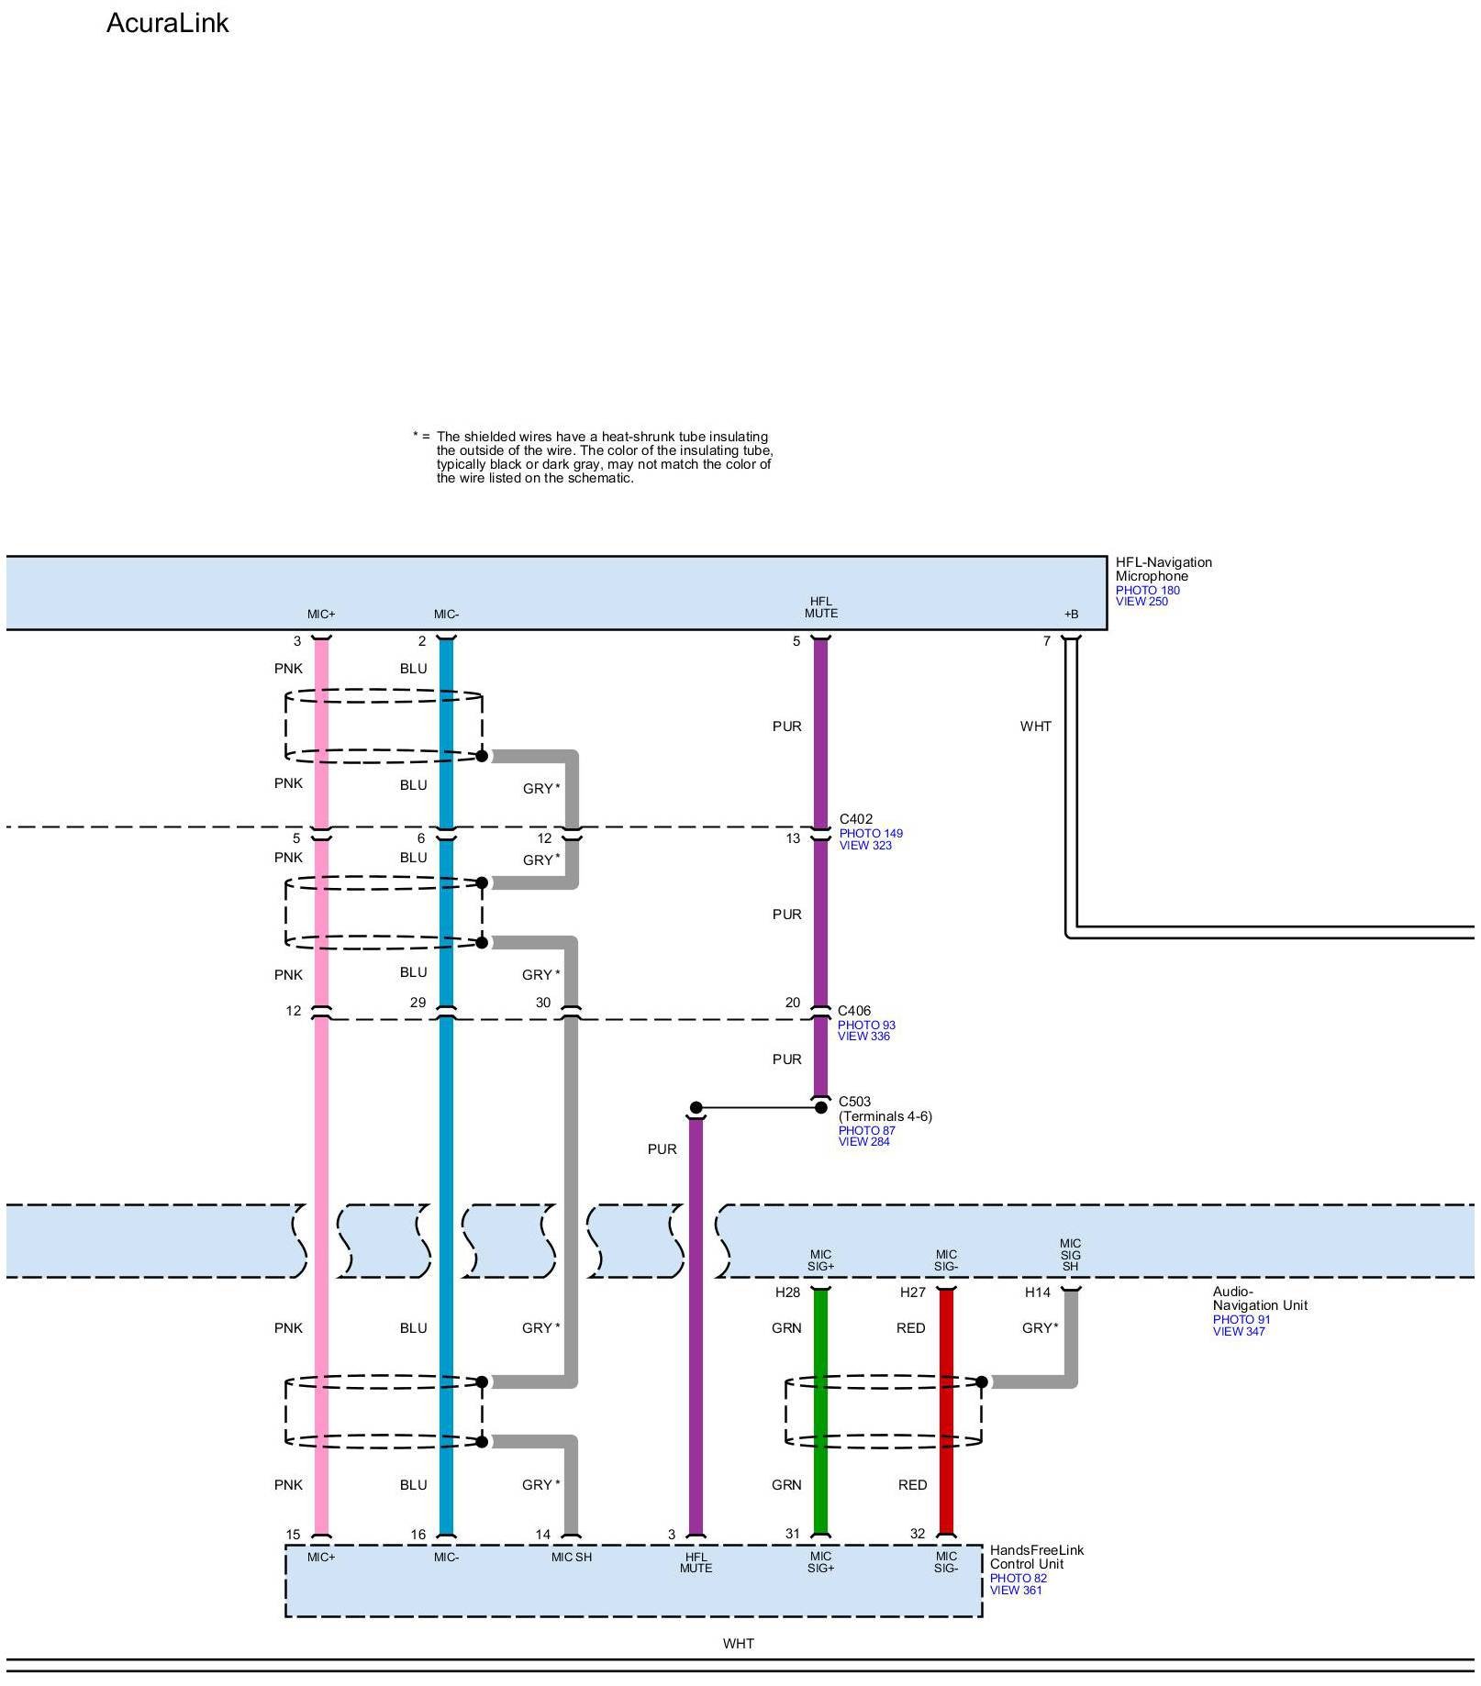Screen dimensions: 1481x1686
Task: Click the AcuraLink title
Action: pos(167,23)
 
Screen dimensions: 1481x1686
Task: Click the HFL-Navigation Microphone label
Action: pos(1164,570)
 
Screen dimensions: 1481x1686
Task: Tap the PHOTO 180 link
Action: pos(1148,591)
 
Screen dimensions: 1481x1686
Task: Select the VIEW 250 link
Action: pos(1141,602)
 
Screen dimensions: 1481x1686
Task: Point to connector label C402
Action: pos(856,819)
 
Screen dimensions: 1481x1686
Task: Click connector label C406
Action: pos(854,1011)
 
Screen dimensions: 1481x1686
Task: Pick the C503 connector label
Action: pos(855,1102)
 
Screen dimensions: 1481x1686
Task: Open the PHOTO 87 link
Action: pos(867,1131)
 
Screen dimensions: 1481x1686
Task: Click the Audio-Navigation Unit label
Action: pos(1260,1299)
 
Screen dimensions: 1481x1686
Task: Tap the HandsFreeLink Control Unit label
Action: pos(1037,1558)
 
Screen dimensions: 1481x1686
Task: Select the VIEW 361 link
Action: pos(1016,1591)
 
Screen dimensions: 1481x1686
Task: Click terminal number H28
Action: pos(787,1292)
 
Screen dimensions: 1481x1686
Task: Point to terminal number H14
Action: pos(1038,1292)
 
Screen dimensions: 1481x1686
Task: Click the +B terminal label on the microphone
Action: pos(1071,615)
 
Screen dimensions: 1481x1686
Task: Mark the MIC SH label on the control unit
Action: pos(571,1558)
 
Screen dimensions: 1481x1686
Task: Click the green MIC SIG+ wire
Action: pos(821,1413)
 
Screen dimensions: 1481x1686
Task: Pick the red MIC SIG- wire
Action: pos(946,1413)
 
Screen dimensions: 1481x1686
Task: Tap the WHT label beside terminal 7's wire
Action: pos(1036,727)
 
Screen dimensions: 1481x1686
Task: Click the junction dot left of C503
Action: pos(696,1108)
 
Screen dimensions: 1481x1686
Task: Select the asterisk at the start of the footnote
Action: pos(416,435)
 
